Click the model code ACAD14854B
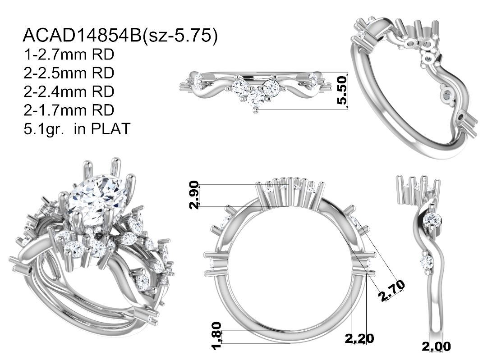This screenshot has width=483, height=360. [x=82, y=35]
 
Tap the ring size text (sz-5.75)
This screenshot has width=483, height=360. [x=180, y=36]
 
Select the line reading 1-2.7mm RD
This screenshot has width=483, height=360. [x=69, y=55]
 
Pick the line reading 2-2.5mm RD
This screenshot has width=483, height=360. [x=69, y=73]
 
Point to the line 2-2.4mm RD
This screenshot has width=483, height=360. [x=69, y=91]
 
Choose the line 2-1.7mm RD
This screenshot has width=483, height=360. [x=69, y=110]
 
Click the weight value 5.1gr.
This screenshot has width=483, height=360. [x=44, y=129]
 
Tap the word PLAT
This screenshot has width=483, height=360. [x=111, y=128]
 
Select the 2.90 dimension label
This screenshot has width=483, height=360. [x=194, y=195]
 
